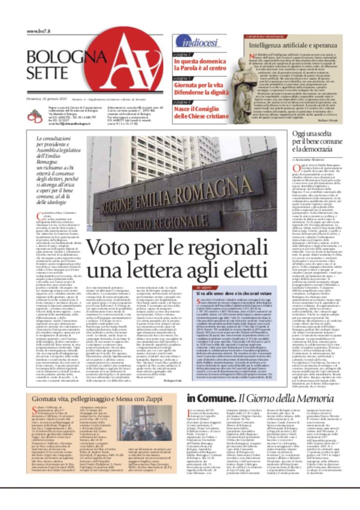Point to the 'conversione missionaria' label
click(264, 37)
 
